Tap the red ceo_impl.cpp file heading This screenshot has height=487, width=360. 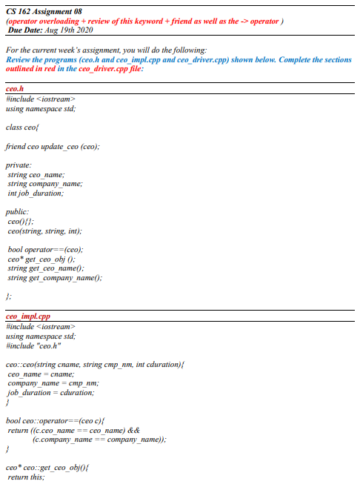tap(27, 317)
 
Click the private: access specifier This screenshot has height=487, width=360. tap(19, 165)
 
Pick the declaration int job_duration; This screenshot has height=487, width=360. tap(36, 193)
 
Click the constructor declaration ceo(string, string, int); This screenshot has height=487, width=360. tap(44, 231)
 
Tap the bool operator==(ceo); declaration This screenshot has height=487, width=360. tap(46, 250)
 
